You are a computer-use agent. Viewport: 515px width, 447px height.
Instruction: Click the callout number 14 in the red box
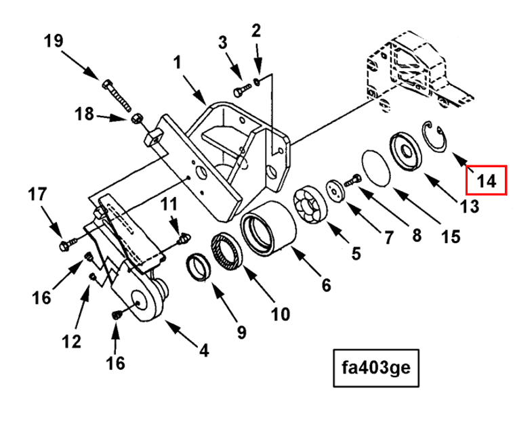pyautogui.click(x=486, y=181)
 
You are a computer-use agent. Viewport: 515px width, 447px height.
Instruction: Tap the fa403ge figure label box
pyautogui.click(x=376, y=368)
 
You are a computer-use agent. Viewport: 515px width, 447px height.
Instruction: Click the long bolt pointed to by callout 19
pyautogui.click(x=117, y=95)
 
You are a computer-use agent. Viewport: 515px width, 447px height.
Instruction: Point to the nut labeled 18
pyautogui.click(x=136, y=118)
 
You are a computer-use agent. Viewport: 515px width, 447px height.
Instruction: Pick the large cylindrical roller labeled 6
pyautogui.click(x=268, y=228)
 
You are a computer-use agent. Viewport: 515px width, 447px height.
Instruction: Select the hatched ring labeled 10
pyautogui.click(x=226, y=251)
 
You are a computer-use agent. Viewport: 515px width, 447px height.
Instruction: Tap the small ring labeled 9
pyautogui.click(x=199, y=268)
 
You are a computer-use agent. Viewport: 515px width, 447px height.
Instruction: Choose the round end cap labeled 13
pyautogui.click(x=405, y=152)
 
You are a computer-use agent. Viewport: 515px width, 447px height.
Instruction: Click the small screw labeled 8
pyautogui.click(x=353, y=180)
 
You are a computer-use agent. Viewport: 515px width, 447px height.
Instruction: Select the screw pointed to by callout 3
pyautogui.click(x=243, y=90)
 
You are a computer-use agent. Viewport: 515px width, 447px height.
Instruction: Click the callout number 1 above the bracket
pyautogui.click(x=177, y=62)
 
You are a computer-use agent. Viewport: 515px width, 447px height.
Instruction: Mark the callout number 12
pyautogui.click(x=71, y=341)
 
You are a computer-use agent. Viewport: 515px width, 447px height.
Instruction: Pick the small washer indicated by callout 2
pyautogui.click(x=257, y=81)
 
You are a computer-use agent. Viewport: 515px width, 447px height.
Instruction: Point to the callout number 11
pyautogui.click(x=169, y=205)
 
